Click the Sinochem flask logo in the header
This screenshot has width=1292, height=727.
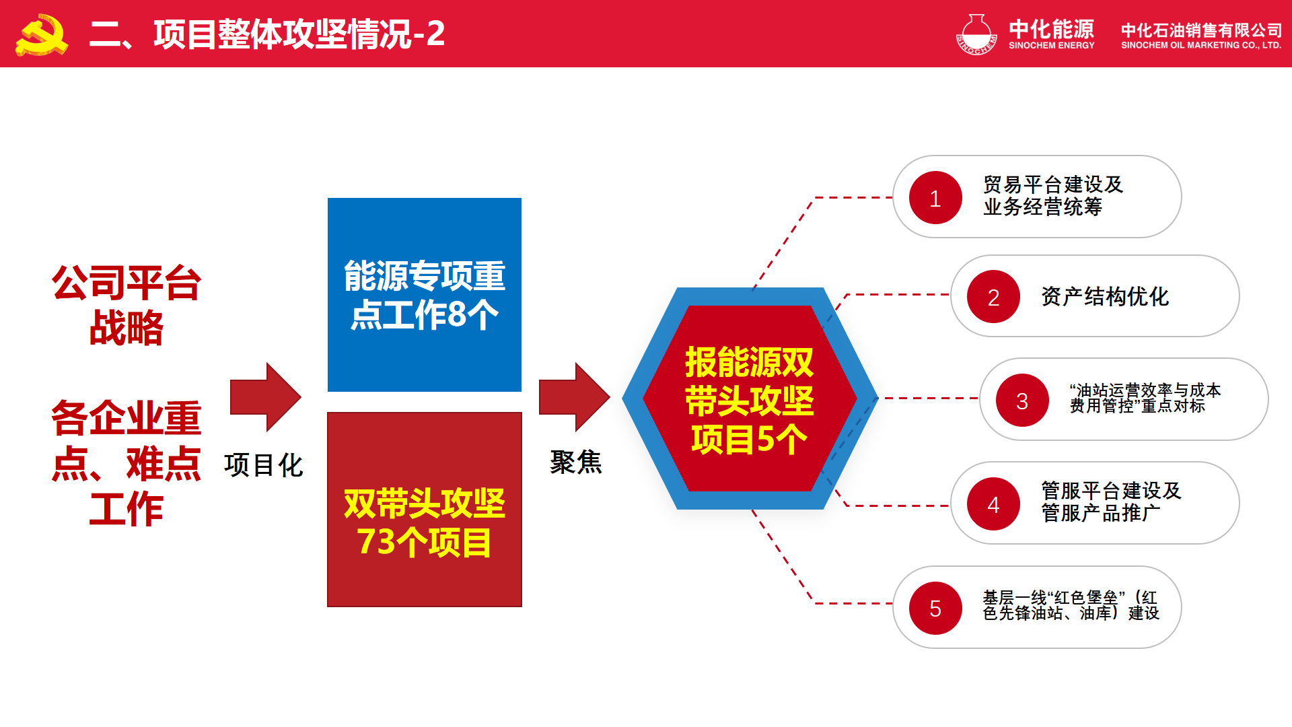click(x=976, y=34)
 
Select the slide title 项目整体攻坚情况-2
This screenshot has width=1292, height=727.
click(x=266, y=34)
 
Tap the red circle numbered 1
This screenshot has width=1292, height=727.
click(x=935, y=198)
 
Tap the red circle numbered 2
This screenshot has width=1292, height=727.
click(x=993, y=297)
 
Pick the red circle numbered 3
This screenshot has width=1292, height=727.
click(x=1022, y=401)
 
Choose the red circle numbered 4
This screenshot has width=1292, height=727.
click(x=993, y=504)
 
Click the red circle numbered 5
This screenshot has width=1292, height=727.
click(x=935, y=609)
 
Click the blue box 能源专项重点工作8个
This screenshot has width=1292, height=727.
click(x=425, y=295)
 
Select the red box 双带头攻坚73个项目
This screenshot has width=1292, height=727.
click(x=425, y=510)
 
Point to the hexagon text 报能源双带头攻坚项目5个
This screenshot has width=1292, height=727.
click(x=750, y=400)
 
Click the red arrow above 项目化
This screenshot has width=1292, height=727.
click(x=265, y=397)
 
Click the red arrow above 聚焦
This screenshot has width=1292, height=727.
click(x=574, y=397)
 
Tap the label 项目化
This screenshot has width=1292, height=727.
click(x=264, y=465)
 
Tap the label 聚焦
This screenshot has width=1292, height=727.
click(x=576, y=462)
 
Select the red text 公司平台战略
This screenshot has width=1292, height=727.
click(x=127, y=305)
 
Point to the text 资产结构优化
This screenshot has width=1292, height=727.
click(x=1105, y=297)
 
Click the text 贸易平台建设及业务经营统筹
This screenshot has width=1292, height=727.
click(x=1053, y=196)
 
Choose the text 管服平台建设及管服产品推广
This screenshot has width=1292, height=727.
click(x=1111, y=501)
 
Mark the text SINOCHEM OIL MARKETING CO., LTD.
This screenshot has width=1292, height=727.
click(x=1201, y=46)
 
